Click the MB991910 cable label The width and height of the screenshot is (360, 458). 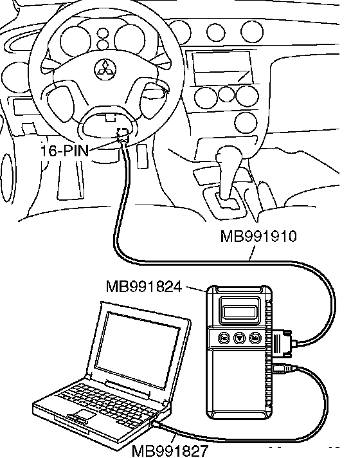258,236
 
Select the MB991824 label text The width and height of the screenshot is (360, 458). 144,286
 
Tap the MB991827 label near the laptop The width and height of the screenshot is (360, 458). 170,452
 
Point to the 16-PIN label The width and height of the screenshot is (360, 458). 64,151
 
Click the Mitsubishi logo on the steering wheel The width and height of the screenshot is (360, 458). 105,70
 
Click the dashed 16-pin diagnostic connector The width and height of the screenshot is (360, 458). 123,134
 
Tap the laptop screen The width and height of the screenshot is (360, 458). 137,350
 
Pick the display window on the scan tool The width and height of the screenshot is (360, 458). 240,312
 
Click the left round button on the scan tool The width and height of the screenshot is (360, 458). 224,338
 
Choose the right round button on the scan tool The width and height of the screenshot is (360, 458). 255,338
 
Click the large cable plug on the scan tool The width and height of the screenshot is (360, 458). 283,342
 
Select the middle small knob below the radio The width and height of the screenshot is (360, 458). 226,94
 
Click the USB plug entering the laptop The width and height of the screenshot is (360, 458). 158,424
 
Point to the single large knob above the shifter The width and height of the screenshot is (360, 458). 246,122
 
